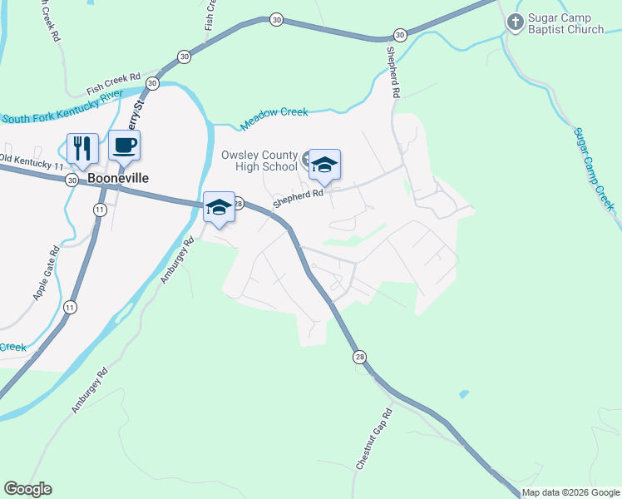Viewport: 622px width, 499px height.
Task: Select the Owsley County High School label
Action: [259, 161]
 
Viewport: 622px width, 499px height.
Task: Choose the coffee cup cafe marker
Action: [125, 145]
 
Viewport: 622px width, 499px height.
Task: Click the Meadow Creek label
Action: [274, 117]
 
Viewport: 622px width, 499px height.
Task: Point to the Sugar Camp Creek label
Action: [594, 167]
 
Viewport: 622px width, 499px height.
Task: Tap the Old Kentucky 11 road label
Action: [32, 162]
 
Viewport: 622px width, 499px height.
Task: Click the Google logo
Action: [27, 489]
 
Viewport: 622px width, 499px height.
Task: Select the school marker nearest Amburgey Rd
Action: [220, 207]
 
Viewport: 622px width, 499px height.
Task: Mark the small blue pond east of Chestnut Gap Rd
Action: [463, 393]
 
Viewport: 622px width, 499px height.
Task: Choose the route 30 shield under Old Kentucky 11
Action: [73, 180]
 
